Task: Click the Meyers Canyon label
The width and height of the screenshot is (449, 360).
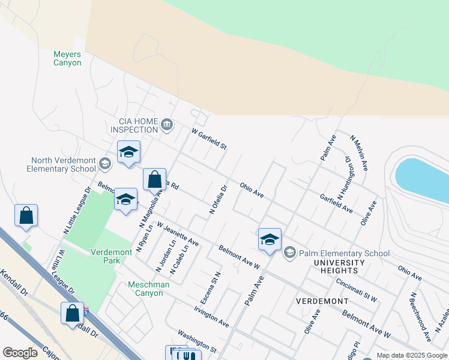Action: point(67,58)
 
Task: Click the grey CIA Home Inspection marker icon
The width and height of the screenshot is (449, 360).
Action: point(167,125)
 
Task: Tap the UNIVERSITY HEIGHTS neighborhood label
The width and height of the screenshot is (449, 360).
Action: point(340,267)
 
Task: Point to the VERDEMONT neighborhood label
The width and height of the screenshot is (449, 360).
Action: point(322,300)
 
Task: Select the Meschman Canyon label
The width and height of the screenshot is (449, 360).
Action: point(145,289)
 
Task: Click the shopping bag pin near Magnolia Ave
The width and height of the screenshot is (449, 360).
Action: point(154,179)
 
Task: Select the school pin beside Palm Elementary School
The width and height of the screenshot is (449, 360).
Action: point(270,239)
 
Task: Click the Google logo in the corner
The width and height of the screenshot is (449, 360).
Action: point(20,353)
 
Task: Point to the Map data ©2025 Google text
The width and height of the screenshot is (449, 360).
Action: point(412,355)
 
